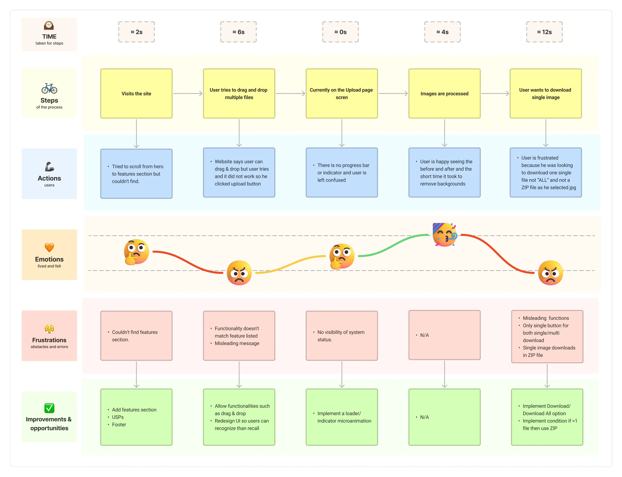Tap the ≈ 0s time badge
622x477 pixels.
tap(340, 32)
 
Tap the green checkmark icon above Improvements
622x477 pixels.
tap(49, 408)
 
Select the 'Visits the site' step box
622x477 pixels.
tap(136, 93)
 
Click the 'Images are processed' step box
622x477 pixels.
tap(444, 93)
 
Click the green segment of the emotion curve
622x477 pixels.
tap(393, 245)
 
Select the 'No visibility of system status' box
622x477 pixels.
tap(341, 336)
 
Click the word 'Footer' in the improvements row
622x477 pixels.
tap(119, 425)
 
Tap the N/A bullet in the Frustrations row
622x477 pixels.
tap(424, 335)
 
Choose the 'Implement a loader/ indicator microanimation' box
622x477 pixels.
tap(341, 417)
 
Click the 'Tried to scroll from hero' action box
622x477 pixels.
tap(136, 173)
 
